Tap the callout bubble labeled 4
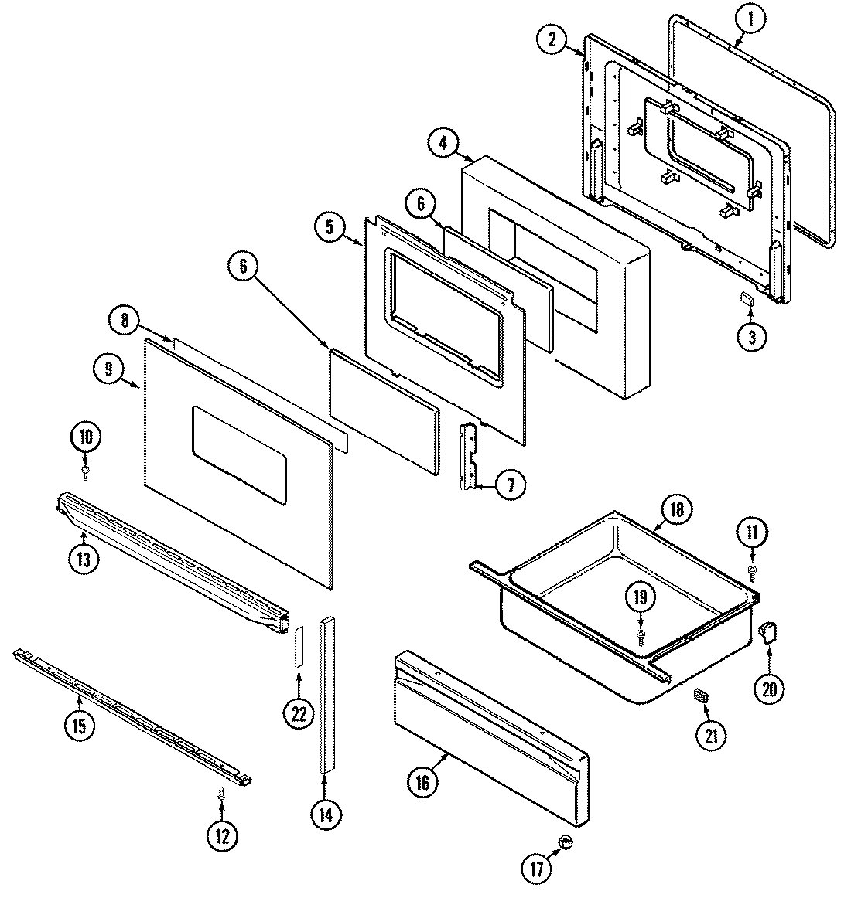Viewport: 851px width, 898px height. (x=443, y=144)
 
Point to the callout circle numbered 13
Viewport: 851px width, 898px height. (x=84, y=559)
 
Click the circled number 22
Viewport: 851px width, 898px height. (x=299, y=714)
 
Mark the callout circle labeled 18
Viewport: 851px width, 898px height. (x=678, y=510)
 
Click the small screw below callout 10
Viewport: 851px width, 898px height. (x=86, y=469)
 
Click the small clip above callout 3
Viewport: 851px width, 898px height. (x=748, y=299)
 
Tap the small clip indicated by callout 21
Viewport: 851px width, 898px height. (x=701, y=696)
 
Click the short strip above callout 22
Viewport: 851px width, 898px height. (x=298, y=647)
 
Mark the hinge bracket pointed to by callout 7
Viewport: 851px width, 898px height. (x=469, y=456)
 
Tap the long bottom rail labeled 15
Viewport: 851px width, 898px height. (x=132, y=712)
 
